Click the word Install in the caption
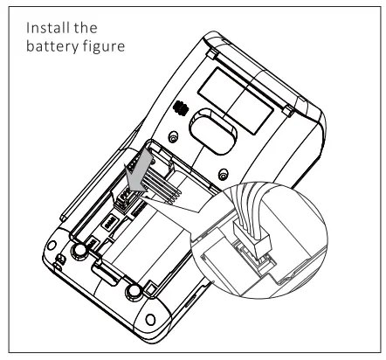click(x=48, y=28)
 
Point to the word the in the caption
click(x=86, y=28)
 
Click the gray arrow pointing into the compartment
click(x=141, y=173)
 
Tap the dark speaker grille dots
click(x=180, y=108)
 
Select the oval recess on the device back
click(x=213, y=131)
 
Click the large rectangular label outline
click(x=235, y=100)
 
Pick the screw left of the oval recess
click(x=174, y=136)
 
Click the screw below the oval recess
click(x=224, y=175)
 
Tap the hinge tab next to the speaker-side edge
click(x=213, y=54)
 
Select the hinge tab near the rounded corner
click(x=288, y=111)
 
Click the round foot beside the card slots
click(x=79, y=250)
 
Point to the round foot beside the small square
click(x=134, y=292)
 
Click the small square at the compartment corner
click(x=151, y=289)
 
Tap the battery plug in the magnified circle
click(x=252, y=237)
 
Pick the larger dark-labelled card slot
click(x=110, y=223)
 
